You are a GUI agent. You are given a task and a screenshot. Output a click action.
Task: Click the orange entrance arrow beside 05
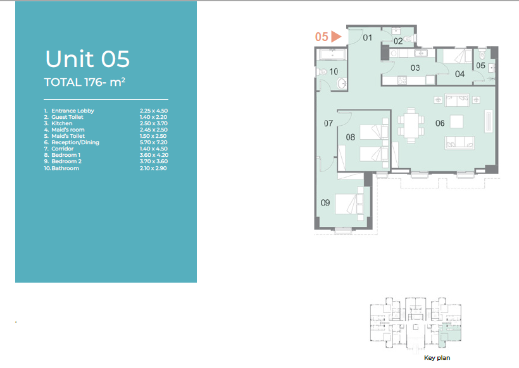(x=335, y=37)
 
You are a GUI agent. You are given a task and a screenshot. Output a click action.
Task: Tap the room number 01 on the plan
(x=367, y=38)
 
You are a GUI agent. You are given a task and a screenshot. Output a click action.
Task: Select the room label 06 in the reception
(x=440, y=123)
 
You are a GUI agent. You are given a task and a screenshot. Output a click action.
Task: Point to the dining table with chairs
(x=411, y=125)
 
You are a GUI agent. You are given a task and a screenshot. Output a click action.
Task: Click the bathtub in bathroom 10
(x=332, y=54)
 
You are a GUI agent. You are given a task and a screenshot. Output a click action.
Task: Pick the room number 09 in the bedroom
(x=325, y=203)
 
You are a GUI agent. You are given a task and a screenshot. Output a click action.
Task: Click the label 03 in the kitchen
(x=415, y=68)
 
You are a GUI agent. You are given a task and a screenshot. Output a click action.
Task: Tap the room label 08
(x=351, y=137)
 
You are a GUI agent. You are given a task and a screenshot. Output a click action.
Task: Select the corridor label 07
(x=328, y=124)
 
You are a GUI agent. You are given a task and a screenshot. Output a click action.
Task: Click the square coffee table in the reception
(x=456, y=121)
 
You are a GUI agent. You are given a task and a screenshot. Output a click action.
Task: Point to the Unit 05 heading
(x=87, y=59)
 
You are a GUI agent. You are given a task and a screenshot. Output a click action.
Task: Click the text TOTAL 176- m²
(x=85, y=82)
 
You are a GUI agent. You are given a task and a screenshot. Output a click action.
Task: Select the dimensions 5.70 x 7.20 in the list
(x=154, y=142)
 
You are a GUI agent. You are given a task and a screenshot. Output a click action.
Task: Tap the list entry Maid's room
(x=68, y=130)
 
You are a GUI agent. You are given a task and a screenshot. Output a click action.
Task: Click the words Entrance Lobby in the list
(x=73, y=111)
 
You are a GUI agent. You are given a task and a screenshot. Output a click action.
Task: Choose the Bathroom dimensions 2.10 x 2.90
(x=153, y=168)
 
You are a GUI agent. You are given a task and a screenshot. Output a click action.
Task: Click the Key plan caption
(x=437, y=358)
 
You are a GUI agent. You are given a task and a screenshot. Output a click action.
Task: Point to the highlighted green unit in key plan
(x=449, y=334)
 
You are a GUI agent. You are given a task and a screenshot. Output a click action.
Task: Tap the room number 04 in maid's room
(x=460, y=74)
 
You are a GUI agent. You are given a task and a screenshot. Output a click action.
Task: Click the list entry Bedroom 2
(x=66, y=161)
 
